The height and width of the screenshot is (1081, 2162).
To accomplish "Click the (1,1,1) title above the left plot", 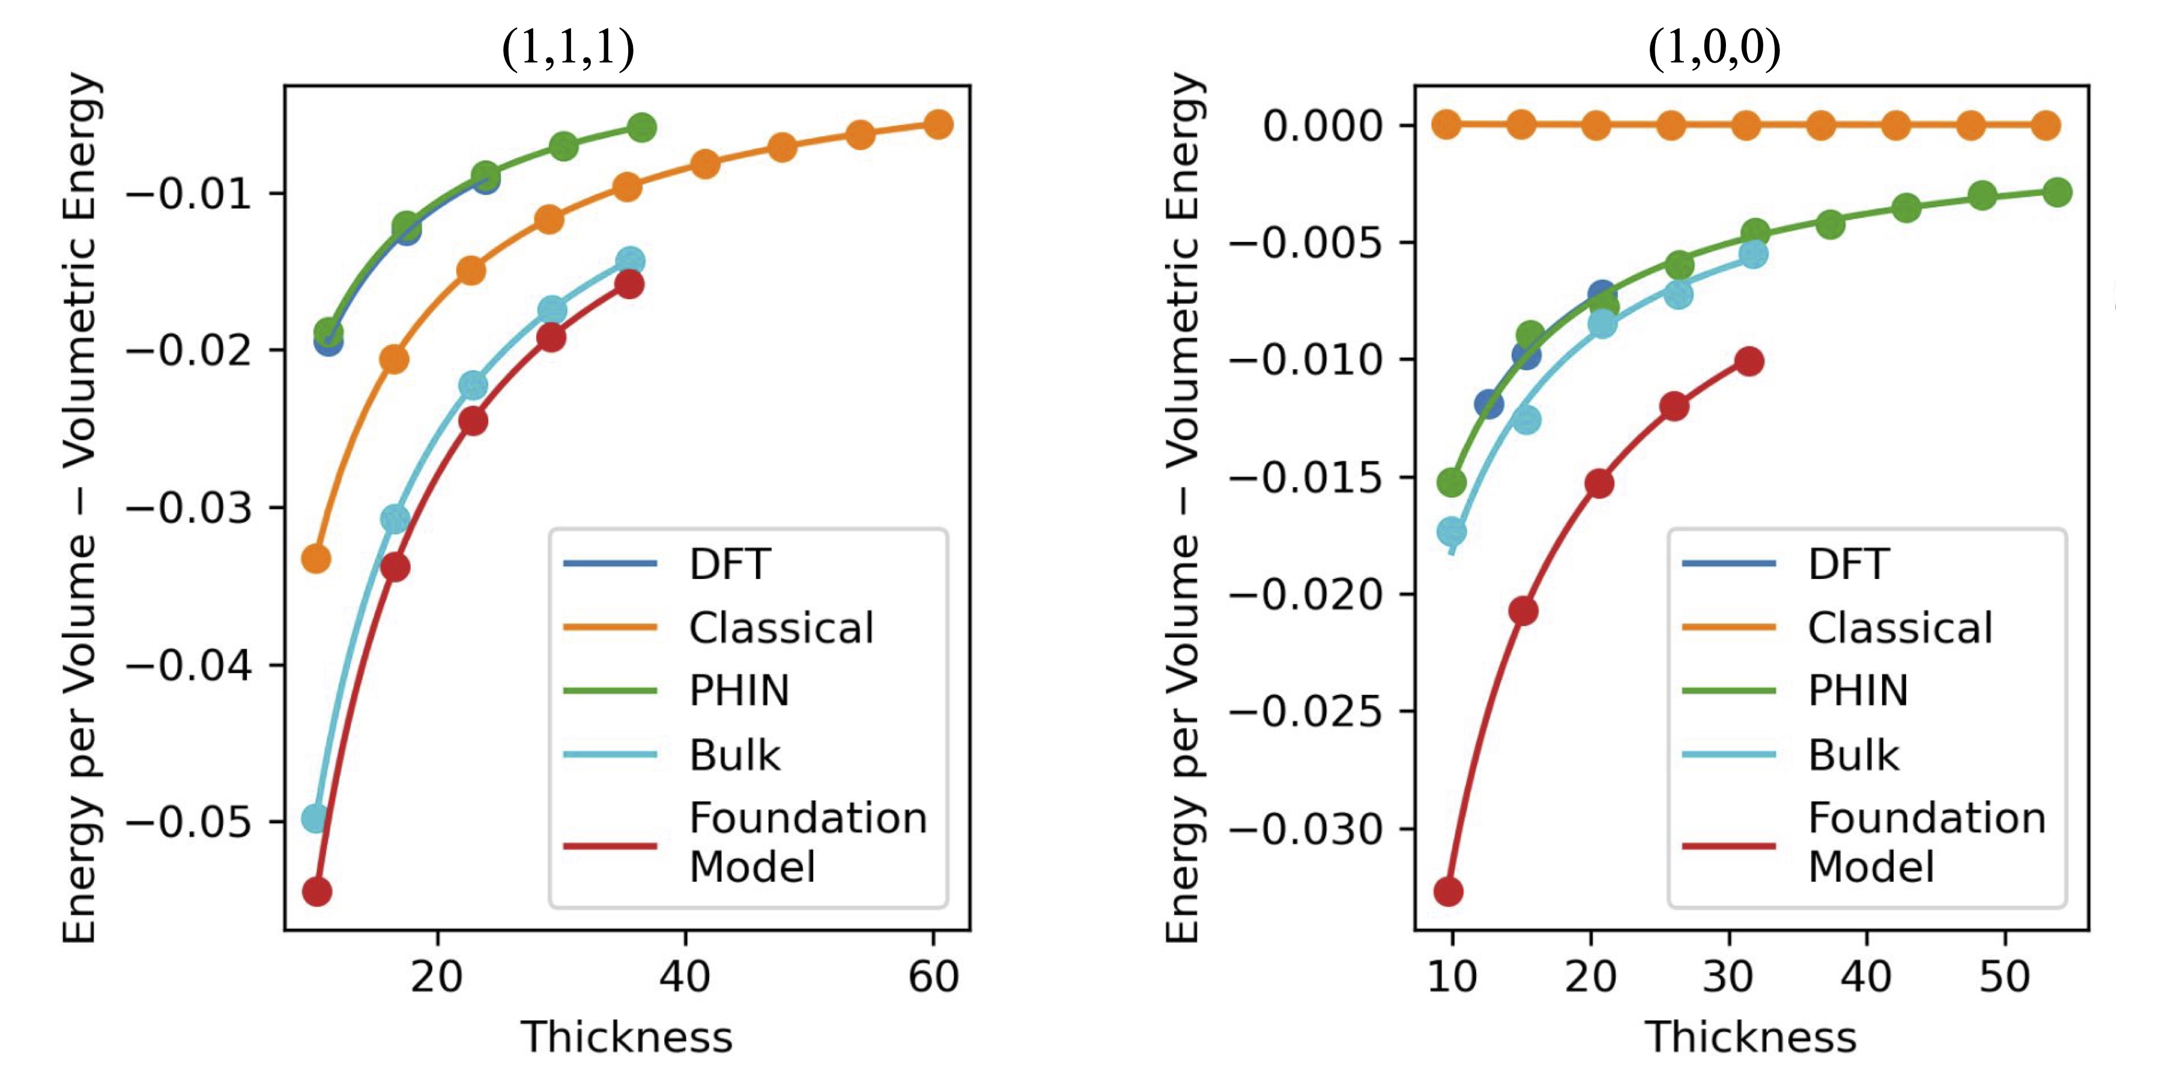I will (x=568, y=48).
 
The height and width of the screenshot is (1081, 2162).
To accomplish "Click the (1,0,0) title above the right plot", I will (x=1715, y=48).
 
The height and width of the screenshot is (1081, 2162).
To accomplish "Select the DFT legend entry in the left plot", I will (x=728, y=564).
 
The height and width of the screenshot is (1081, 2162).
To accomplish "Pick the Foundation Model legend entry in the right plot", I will (x=1926, y=842).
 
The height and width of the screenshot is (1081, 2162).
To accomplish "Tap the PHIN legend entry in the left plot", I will (x=739, y=691).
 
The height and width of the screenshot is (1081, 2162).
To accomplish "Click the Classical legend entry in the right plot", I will (x=1900, y=628).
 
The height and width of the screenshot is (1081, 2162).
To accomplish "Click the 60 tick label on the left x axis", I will (x=933, y=976).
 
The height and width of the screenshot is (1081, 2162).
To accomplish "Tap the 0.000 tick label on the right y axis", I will (x=1322, y=126).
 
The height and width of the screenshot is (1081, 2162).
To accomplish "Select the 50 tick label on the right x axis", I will (x=2004, y=976).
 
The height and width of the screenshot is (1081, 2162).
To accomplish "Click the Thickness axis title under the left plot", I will (x=626, y=1037).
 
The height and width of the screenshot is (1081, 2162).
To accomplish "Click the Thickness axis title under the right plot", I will (x=1750, y=1037).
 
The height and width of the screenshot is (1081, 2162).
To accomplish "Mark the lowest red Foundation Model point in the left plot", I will (x=316, y=891).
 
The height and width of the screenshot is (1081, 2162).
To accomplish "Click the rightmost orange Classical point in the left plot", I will (x=938, y=124).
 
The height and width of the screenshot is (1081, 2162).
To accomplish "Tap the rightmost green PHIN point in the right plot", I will (x=2057, y=192).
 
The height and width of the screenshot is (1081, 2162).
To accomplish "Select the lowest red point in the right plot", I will (x=1449, y=891).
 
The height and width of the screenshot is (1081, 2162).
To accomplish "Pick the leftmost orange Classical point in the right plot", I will (x=1446, y=125).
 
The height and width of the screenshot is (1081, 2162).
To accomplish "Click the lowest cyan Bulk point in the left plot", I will (x=315, y=817).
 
